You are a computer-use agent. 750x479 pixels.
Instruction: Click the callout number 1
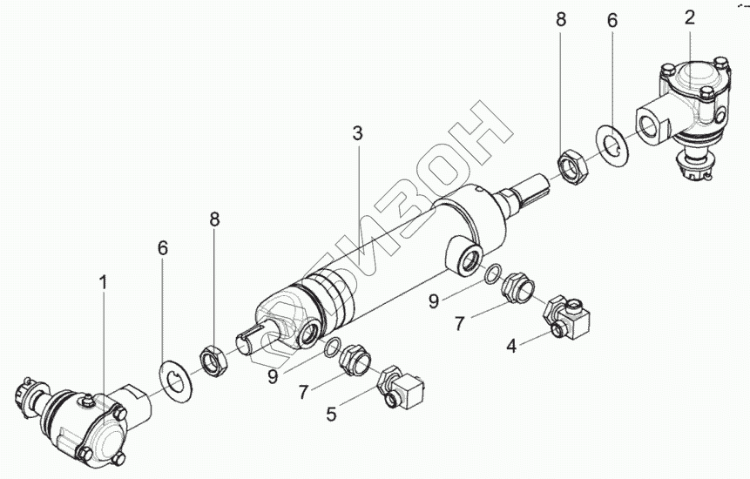tap(103, 283)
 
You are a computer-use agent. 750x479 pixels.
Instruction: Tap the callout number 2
tap(689, 17)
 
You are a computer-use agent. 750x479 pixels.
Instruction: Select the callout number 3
tap(357, 133)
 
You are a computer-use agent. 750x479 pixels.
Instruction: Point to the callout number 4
tap(512, 347)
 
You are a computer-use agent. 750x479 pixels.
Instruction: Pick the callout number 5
tap(331, 415)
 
